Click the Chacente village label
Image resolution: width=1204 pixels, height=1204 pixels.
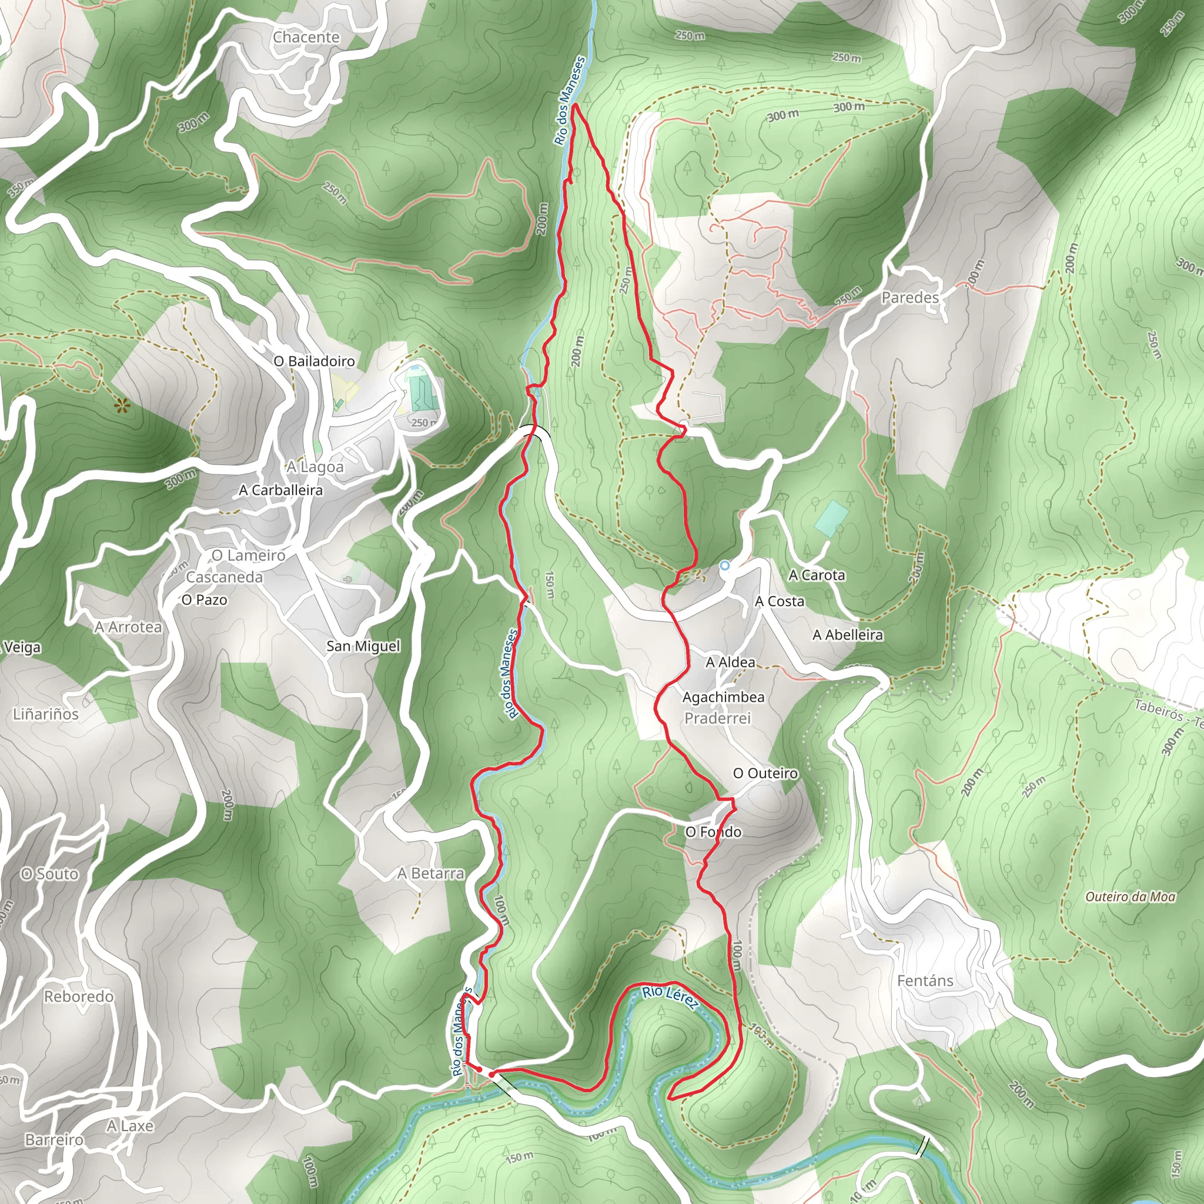pyautogui.click(x=306, y=38)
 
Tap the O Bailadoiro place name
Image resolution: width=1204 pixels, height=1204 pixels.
pyautogui.click(x=314, y=362)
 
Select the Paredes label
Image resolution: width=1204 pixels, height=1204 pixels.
pyautogui.click(x=910, y=298)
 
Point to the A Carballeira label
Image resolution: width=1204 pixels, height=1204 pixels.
pyautogui.click(x=281, y=490)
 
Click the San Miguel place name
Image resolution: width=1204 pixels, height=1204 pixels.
pyautogui.click(x=363, y=646)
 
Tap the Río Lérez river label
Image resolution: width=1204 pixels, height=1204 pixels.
pyautogui.click(x=670, y=995)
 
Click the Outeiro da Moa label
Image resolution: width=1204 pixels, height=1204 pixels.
pyautogui.click(x=1130, y=897)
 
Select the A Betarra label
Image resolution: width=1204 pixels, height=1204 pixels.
pyautogui.click(x=430, y=874)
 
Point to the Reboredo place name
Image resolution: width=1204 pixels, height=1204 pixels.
pyautogui.click(x=79, y=996)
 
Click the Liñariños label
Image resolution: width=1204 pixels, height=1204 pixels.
pyautogui.click(x=45, y=714)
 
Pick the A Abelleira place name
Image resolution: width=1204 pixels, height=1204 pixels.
pyautogui.click(x=848, y=635)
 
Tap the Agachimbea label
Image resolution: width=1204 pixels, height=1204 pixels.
pyautogui.click(x=723, y=697)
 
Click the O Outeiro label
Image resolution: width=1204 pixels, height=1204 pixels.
pyautogui.click(x=765, y=774)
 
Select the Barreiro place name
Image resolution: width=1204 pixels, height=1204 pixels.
pyautogui.click(x=54, y=1140)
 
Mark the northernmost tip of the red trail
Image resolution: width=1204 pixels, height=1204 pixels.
pyautogui.click(x=574, y=105)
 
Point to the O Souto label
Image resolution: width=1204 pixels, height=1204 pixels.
pyautogui.click(x=50, y=874)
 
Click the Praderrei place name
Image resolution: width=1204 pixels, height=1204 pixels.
pyautogui.click(x=717, y=718)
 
